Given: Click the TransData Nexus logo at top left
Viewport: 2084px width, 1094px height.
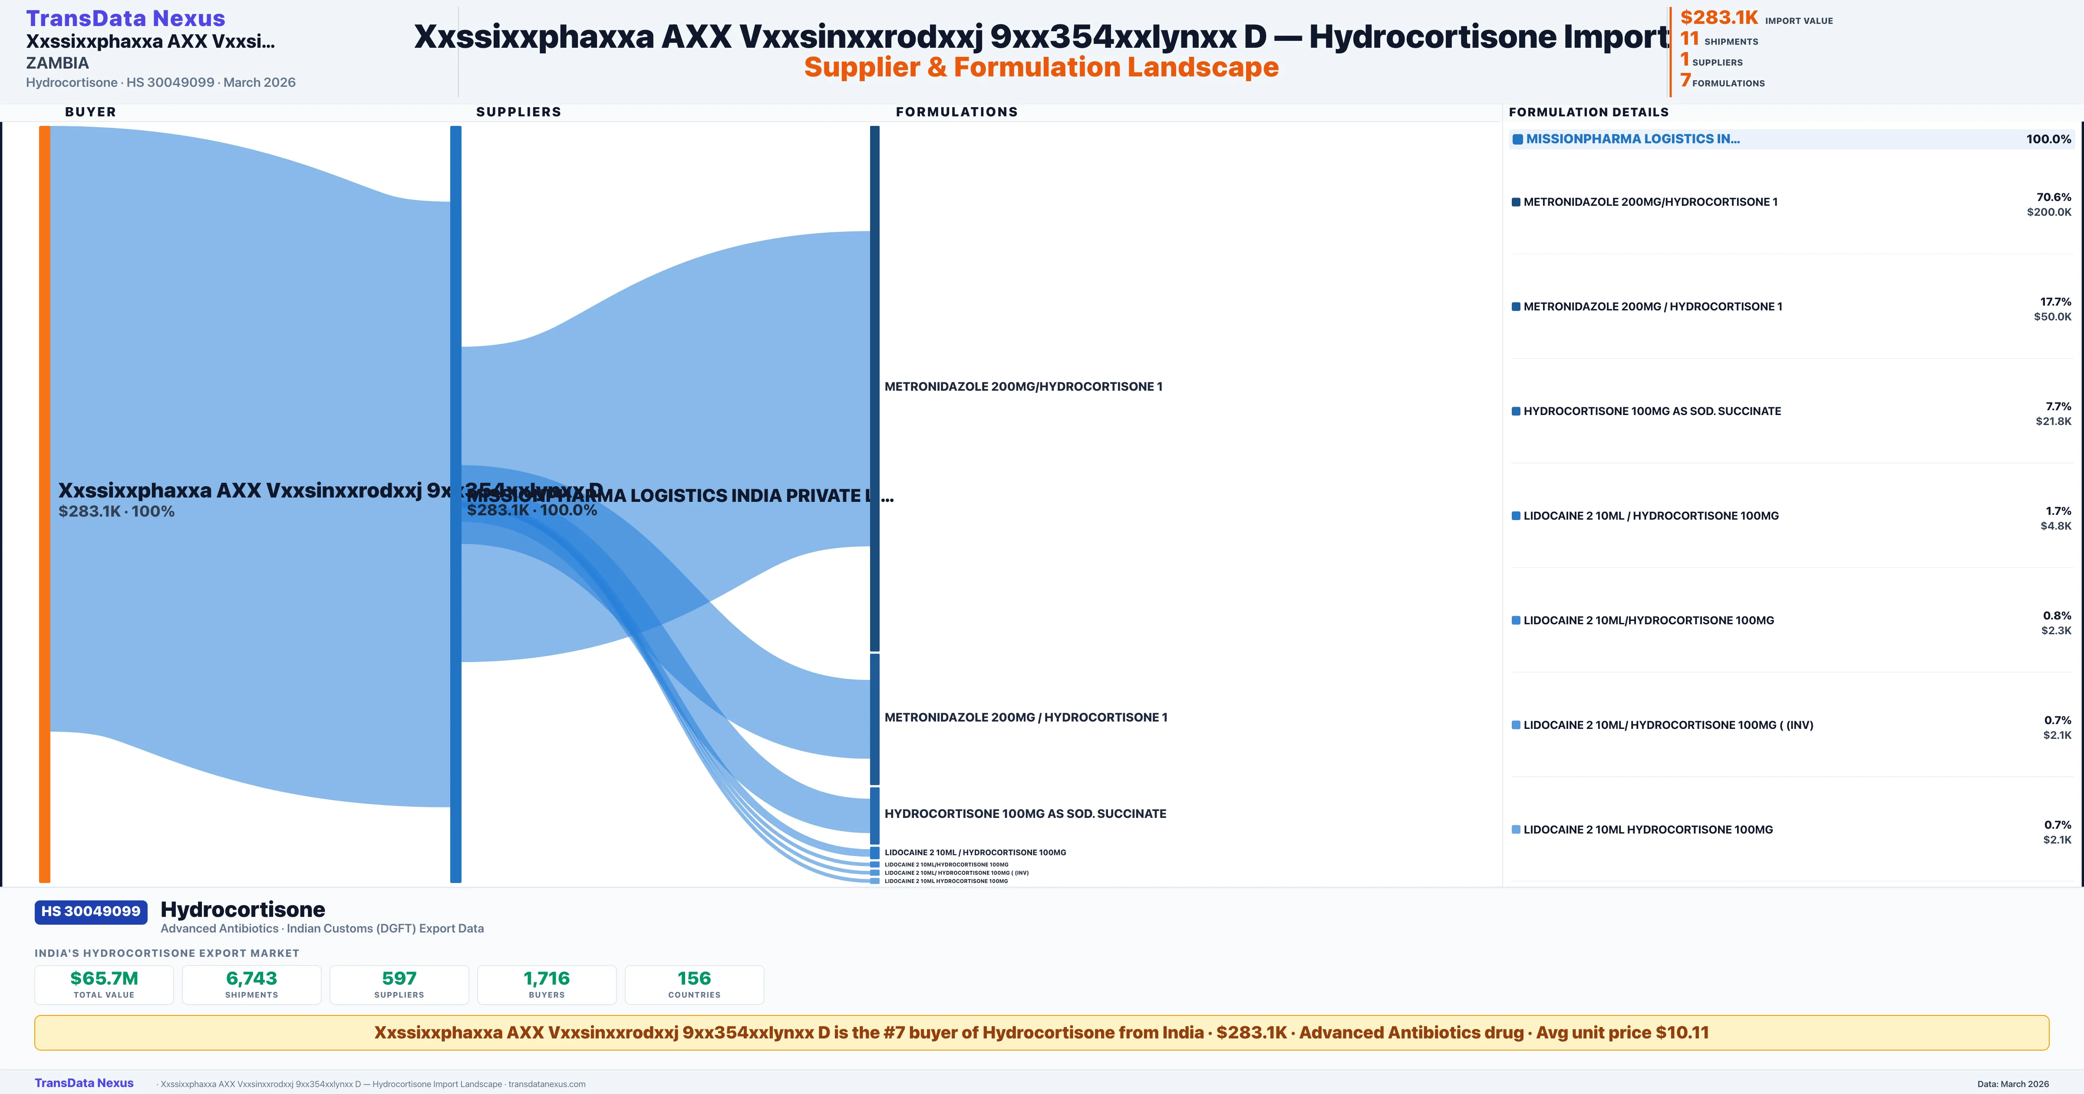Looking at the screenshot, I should [x=125, y=18].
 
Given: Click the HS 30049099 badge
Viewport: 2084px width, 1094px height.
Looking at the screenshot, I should [x=91, y=911].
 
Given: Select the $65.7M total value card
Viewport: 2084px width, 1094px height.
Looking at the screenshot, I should [x=104, y=984].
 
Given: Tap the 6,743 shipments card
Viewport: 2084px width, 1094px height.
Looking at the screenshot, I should [x=252, y=984].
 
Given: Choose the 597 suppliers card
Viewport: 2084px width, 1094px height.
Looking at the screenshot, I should [x=399, y=984].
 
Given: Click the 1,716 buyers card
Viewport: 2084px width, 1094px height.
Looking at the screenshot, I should [x=547, y=984].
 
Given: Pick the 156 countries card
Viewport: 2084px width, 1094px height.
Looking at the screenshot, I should [x=694, y=984].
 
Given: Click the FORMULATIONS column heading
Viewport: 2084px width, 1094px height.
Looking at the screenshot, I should [x=956, y=112].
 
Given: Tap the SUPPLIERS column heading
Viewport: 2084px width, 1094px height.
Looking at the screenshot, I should [x=518, y=112].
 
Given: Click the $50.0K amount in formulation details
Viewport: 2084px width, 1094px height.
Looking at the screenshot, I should [x=2052, y=316].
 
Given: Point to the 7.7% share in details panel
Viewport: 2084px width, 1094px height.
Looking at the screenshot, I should [x=2058, y=406].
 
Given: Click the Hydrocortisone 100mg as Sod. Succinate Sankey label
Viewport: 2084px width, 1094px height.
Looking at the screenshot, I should [x=1025, y=813].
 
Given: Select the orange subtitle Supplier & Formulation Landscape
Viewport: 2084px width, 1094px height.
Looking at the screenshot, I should [x=1041, y=67].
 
